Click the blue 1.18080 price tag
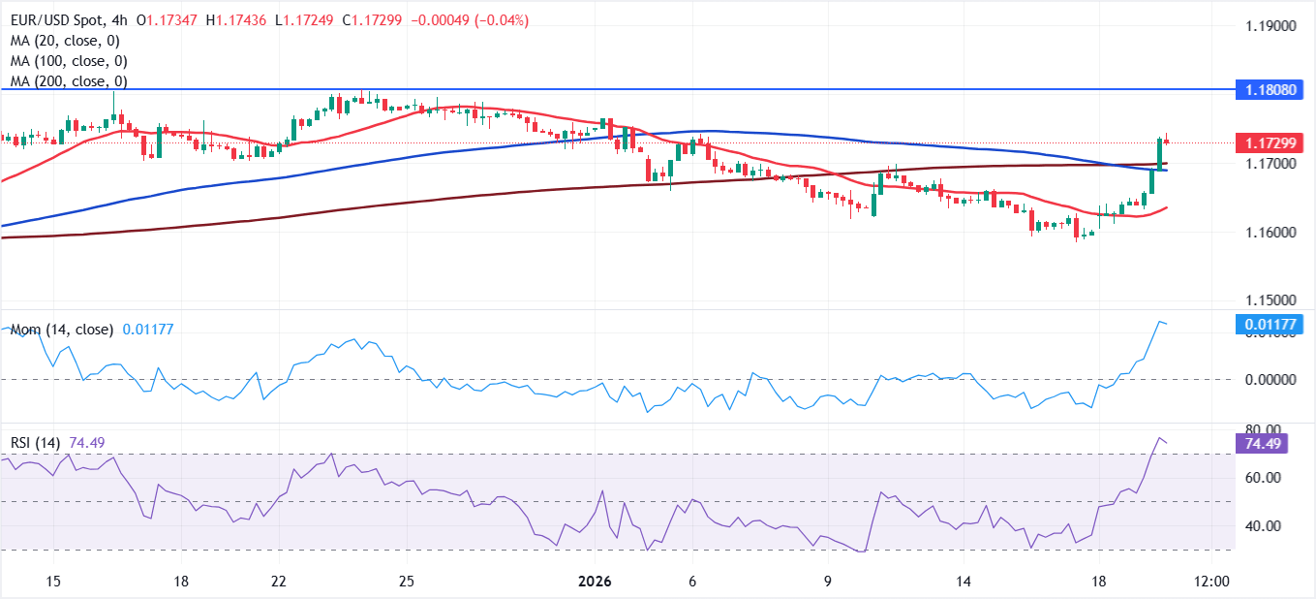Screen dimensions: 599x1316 1270,90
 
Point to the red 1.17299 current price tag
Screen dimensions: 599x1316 1270,143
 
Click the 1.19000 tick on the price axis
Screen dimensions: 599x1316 1270,25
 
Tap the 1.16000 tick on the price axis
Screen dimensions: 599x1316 1270,233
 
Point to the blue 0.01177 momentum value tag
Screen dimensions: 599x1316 1270,324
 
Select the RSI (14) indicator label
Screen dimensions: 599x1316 35,443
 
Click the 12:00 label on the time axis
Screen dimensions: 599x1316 1211,581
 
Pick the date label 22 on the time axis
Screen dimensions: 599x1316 279,581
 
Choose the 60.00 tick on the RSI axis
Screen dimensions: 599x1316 1263,478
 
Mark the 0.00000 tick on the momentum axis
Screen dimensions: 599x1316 1270,380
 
